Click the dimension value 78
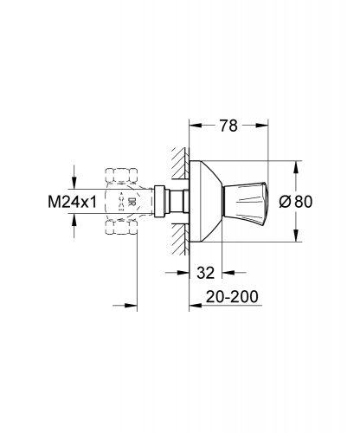(228, 126)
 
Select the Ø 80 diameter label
(296, 201)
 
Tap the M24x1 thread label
(73, 202)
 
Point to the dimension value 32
(206, 272)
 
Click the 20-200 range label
(232, 296)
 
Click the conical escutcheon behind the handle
(206, 201)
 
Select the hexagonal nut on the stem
(159, 201)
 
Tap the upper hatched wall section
(180, 163)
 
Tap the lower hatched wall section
(180, 240)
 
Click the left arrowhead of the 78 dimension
(195, 126)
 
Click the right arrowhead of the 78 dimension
(262, 126)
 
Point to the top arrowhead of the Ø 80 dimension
(296, 167)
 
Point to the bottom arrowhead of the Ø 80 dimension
(296, 236)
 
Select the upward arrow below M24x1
(74, 226)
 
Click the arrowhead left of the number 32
(183, 272)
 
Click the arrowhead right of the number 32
(228, 272)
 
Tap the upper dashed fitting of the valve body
(121, 175)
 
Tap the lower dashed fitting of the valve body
(121, 227)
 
